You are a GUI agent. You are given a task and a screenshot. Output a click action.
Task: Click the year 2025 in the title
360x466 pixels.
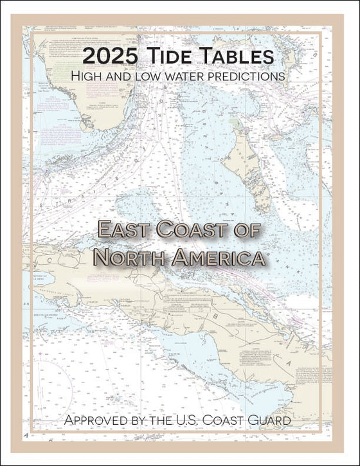[110, 56]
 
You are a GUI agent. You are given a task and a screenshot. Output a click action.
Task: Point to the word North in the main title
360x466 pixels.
[129, 256]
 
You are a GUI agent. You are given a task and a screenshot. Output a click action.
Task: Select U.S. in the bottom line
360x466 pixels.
[194, 420]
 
